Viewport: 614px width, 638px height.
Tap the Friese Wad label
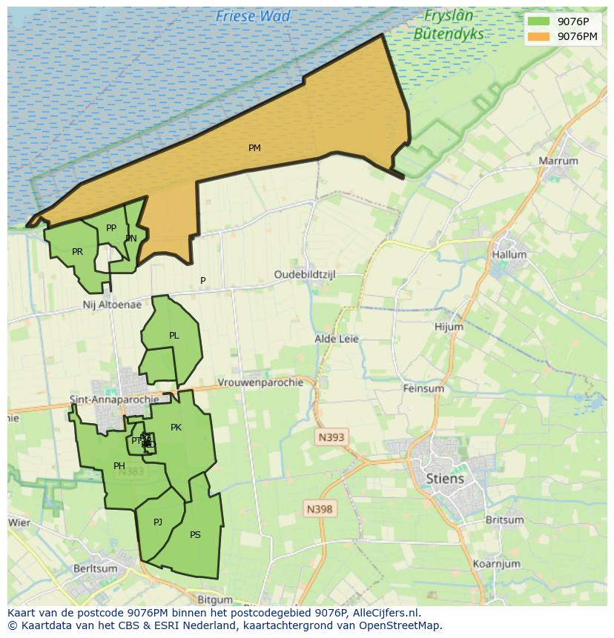(x=253, y=16)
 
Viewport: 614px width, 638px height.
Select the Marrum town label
(x=558, y=161)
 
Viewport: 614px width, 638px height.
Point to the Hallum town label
(x=509, y=254)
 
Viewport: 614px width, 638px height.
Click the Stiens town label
(x=445, y=478)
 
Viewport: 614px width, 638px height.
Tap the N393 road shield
(x=331, y=437)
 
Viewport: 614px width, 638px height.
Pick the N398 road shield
(x=320, y=509)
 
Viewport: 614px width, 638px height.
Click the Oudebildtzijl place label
(x=305, y=274)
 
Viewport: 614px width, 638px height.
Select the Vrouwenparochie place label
(x=260, y=382)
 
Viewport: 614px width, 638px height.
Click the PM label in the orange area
(x=254, y=148)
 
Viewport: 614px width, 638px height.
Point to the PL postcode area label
(x=174, y=336)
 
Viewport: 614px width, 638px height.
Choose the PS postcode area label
(x=195, y=534)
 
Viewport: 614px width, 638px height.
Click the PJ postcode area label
(x=158, y=522)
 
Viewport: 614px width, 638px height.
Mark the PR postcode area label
(x=77, y=252)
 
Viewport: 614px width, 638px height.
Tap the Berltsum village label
(x=95, y=568)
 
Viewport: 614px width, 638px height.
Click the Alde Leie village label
(x=337, y=339)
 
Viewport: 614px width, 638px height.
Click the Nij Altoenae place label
(x=112, y=305)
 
